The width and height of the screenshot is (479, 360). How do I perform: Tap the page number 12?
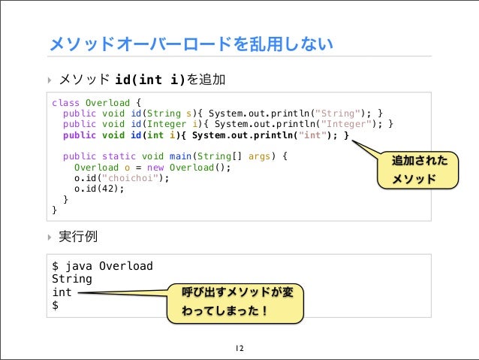click(239, 349)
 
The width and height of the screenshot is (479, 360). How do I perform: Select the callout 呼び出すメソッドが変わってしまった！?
click(236, 303)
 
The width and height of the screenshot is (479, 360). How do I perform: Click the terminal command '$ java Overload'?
click(102, 266)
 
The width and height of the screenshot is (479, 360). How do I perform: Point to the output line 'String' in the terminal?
click(70, 279)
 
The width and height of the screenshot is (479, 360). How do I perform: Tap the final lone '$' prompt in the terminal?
click(55, 305)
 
